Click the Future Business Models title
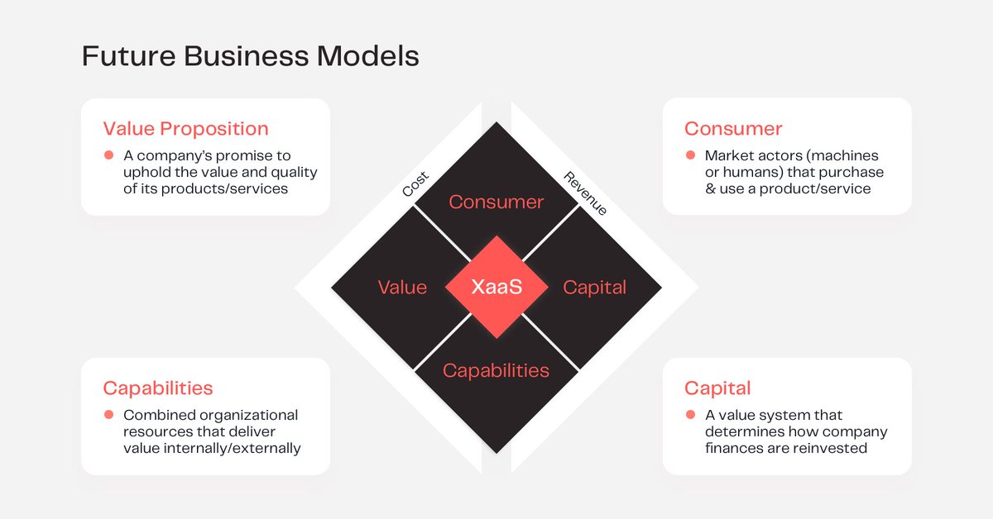click(x=250, y=56)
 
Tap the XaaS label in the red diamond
click(x=496, y=288)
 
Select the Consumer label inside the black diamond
click(x=496, y=202)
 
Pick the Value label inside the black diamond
click(x=402, y=288)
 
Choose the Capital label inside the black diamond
click(x=594, y=288)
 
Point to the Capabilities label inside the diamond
click(x=496, y=370)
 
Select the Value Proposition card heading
click(x=185, y=129)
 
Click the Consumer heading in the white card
click(x=733, y=129)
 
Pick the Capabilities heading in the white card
click(x=157, y=388)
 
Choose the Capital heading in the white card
click(x=717, y=388)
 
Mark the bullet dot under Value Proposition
click(x=108, y=155)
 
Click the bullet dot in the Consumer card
click(x=689, y=155)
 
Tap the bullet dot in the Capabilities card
click(x=108, y=415)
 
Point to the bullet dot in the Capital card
click(x=689, y=415)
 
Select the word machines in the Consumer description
click(x=846, y=155)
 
